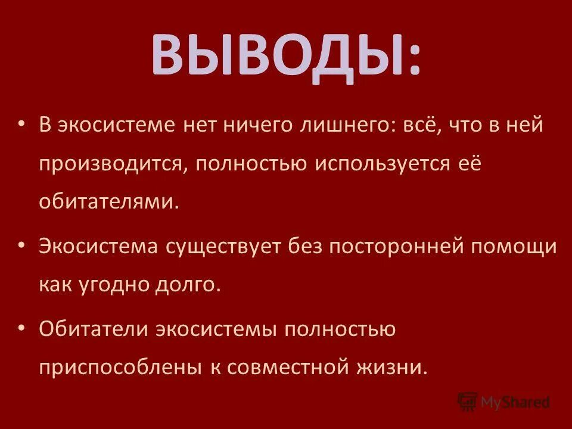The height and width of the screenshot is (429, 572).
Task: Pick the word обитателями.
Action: point(109,201)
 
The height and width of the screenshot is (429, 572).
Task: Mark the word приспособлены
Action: point(119,366)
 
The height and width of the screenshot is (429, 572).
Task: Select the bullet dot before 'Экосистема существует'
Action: point(22,245)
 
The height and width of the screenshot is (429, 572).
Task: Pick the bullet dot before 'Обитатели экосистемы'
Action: point(22,327)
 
